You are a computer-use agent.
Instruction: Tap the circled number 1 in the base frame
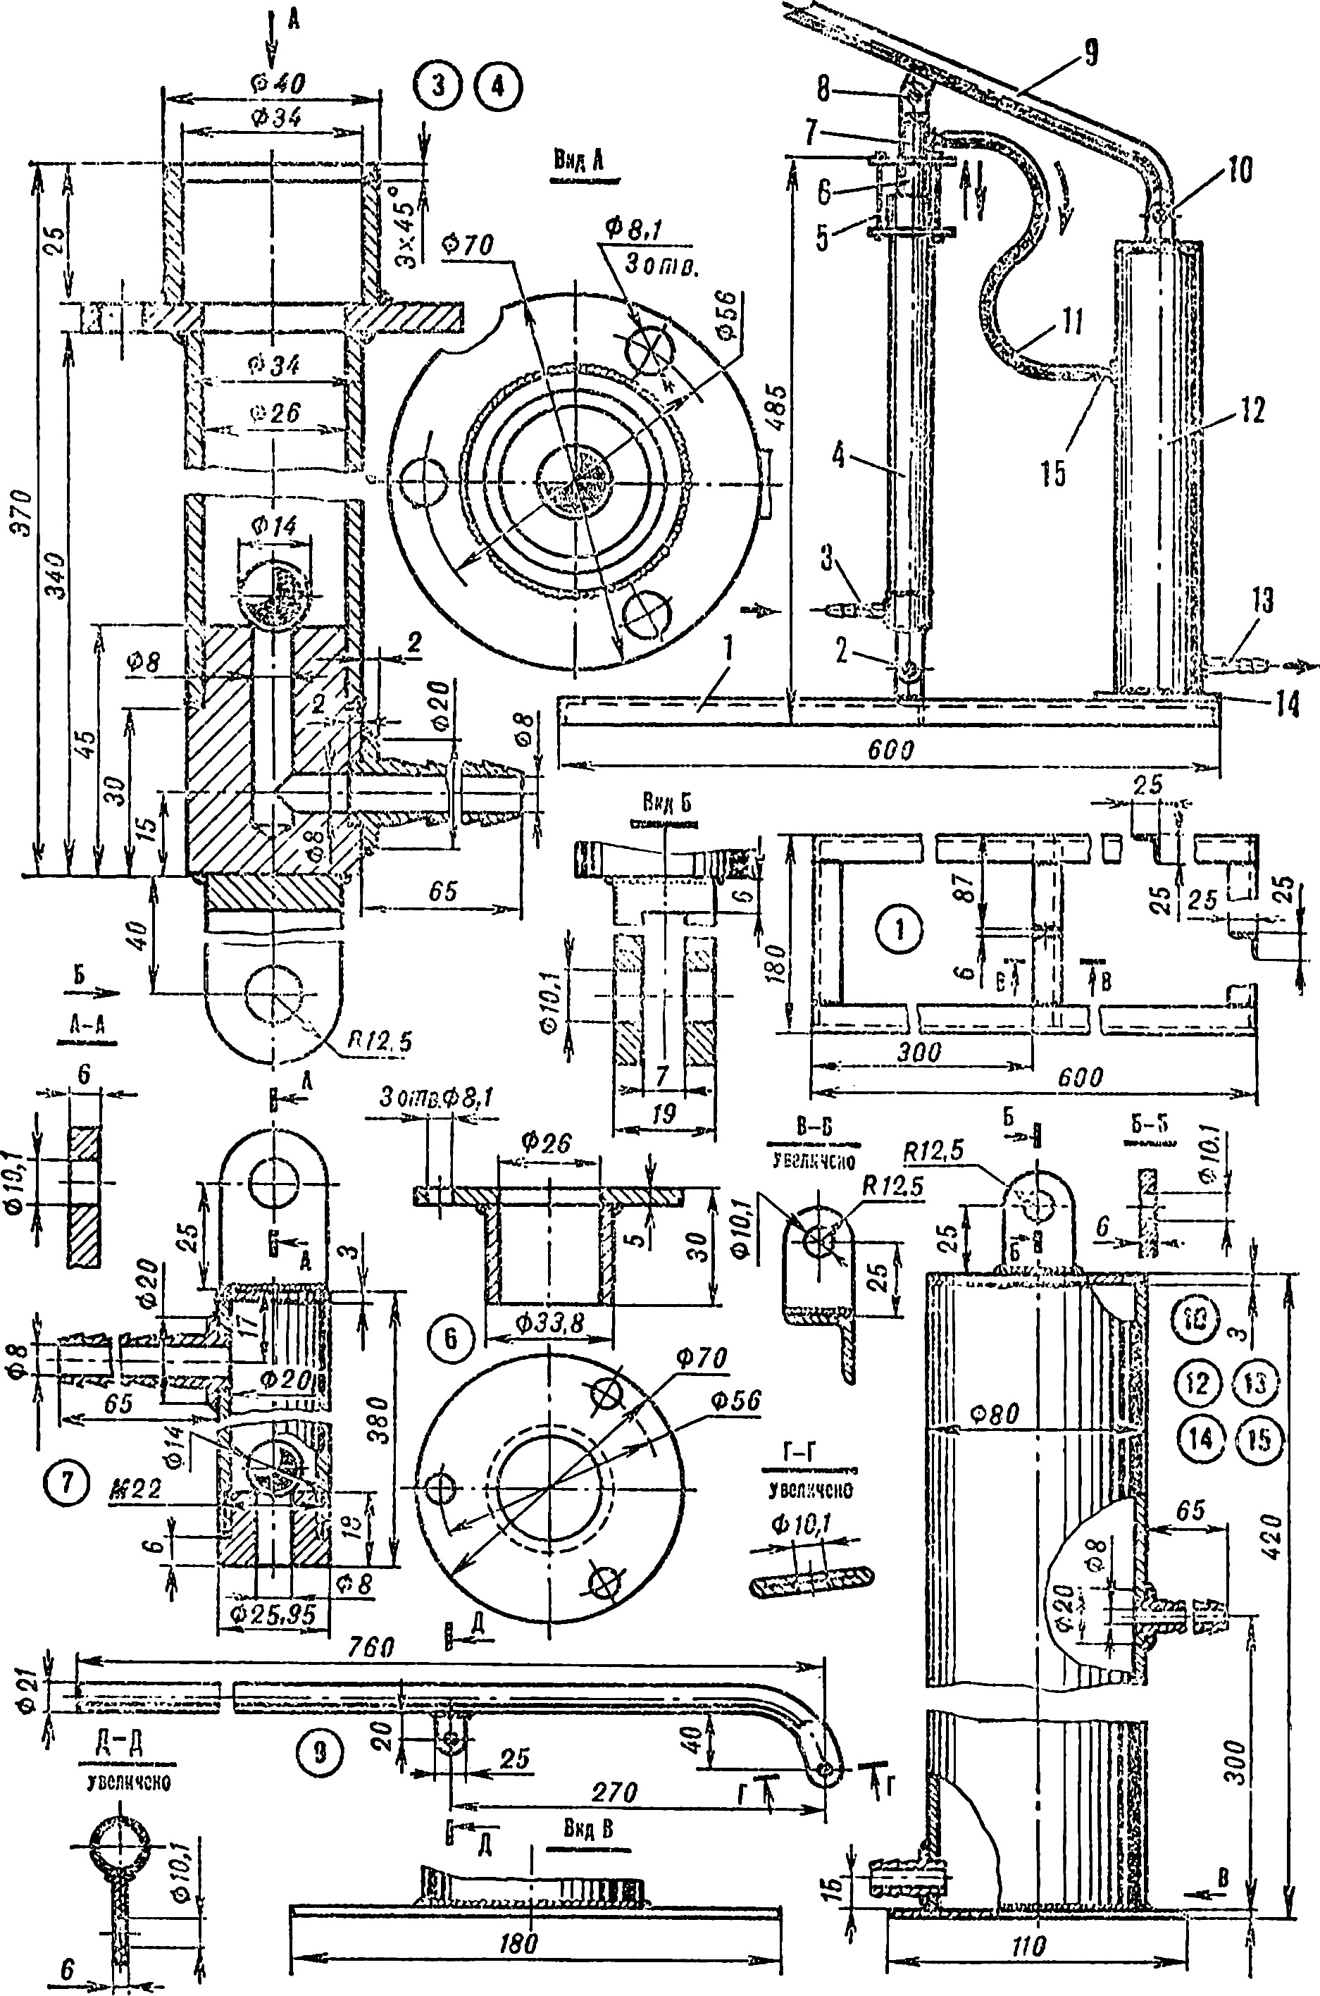pos(899,929)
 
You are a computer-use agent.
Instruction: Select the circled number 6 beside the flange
pos(450,1338)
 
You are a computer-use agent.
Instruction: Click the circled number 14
pos(1200,1439)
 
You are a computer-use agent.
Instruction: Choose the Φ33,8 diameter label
pos(547,1322)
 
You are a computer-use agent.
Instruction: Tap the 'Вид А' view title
pos(578,161)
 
